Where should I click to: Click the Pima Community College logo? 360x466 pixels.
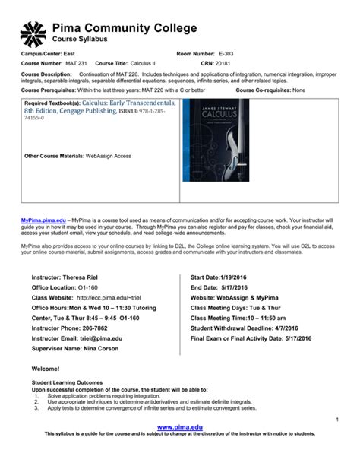(x=33, y=33)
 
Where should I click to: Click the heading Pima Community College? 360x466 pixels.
(x=124, y=28)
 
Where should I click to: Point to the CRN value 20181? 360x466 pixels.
(x=221, y=64)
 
